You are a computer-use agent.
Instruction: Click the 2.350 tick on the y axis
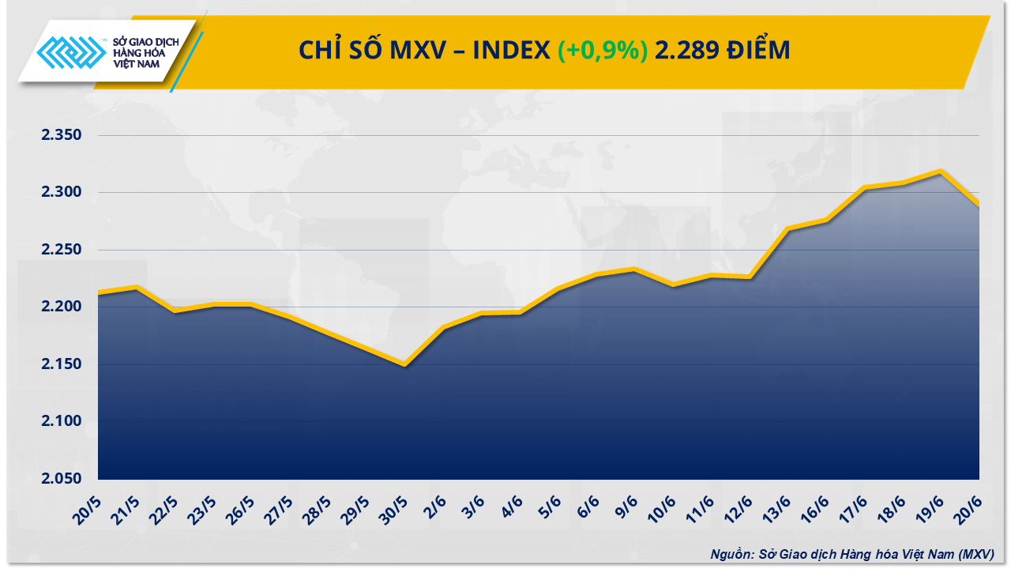(x=62, y=136)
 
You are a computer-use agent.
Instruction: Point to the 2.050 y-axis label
(x=62, y=479)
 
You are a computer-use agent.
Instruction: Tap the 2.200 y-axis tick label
(x=62, y=307)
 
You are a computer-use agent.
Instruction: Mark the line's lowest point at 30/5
(x=405, y=364)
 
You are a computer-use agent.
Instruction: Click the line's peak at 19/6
(x=941, y=171)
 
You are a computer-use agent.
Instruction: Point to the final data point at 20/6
(x=979, y=205)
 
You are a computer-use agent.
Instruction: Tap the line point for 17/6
(x=864, y=187)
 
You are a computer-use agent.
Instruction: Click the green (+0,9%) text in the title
(x=603, y=51)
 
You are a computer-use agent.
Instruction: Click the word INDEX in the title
(x=512, y=51)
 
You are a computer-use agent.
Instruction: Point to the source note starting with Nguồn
(x=851, y=554)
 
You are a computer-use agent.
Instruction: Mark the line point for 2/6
(x=443, y=327)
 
